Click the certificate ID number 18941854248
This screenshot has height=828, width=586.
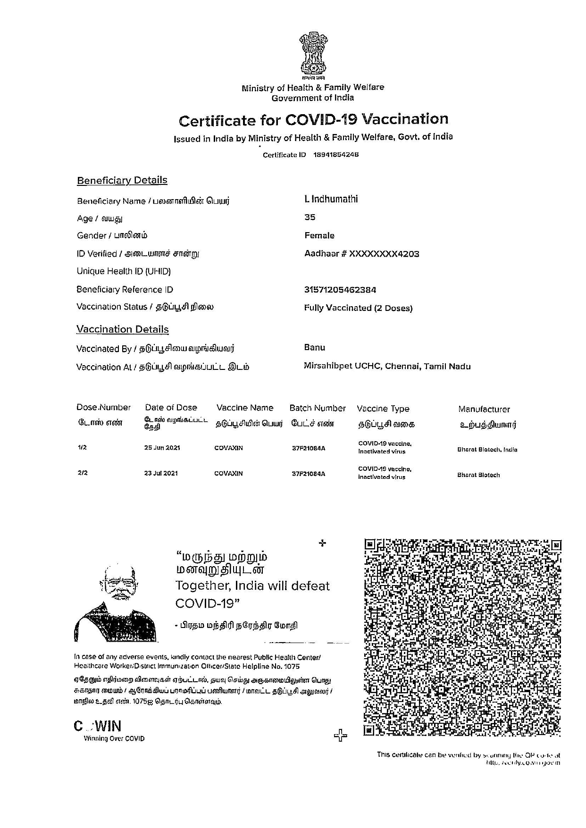pyautogui.click(x=336, y=155)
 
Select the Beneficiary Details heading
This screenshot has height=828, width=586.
pyautogui.click(x=122, y=180)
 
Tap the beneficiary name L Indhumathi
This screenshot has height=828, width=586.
pyautogui.click(x=331, y=199)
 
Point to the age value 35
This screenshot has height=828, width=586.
pyautogui.click(x=310, y=217)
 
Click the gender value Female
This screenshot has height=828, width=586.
pyautogui.click(x=319, y=235)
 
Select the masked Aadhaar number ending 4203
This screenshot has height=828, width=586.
pyautogui.click(x=362, y=254)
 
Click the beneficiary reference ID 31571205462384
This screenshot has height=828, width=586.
pyautogui.click(x=340, y=290)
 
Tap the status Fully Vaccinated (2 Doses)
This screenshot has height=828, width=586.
pyautogui.click(x=358, y=308)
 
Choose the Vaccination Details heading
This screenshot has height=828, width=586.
pyautogui.click(x=123, y=329)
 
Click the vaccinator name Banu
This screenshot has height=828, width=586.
pyautogui.click(x=315, y=348)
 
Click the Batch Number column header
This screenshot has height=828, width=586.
pyautogui.click(x=318, y=408)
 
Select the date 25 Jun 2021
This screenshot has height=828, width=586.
pyautogui.click(x=162, y=448)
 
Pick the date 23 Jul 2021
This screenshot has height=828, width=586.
pyautogui.click(x=161, y=473)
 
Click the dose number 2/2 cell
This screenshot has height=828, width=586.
pyautogui.click(x=82, y=473)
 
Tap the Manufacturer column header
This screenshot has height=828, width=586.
pyautogui.click(x=484, y=409)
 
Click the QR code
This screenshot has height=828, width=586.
pyautogui.click(x=462, y=637)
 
